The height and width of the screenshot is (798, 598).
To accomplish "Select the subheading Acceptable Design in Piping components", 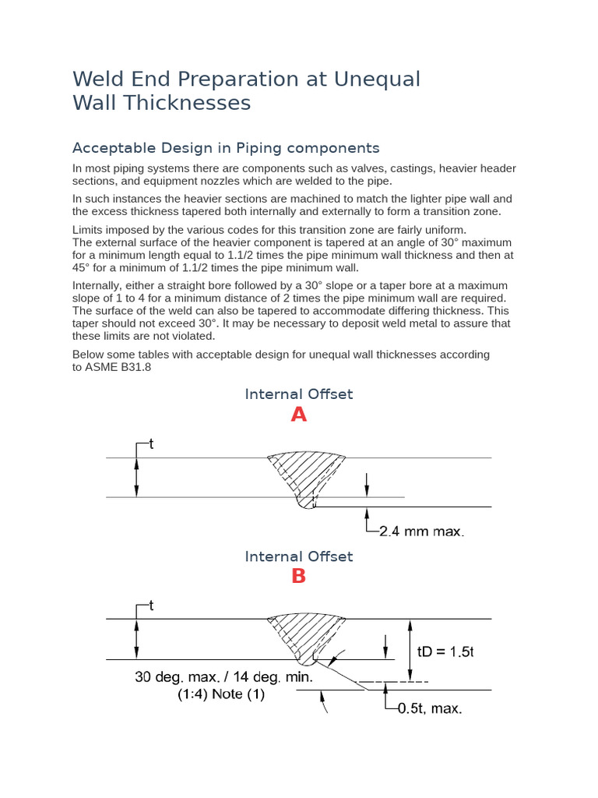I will click(226, 148).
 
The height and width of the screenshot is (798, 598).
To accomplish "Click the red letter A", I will click(299, 415).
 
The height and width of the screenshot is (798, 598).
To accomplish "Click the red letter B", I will click(299, 577).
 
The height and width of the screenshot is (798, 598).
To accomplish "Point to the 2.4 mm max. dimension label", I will click(421, 532).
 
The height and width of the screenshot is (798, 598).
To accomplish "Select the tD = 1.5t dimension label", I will click(445, 652).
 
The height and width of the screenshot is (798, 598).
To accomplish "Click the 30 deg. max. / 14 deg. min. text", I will click(223, 677).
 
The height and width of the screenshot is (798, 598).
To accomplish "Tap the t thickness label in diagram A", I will click(151, 444).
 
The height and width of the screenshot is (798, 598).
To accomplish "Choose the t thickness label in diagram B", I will click(151, 606).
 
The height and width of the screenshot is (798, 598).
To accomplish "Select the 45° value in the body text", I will click(83, 268).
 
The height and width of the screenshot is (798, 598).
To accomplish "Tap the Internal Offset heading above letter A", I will click(299, 394).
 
